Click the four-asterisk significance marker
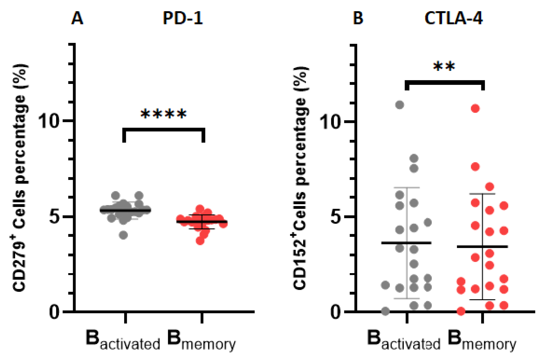(163, 114)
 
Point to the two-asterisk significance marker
(444, 67)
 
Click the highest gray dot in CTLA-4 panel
(400, 105)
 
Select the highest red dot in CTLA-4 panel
(475, 109)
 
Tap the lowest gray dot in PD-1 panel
(124, 235)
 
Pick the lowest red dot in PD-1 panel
(200, 241)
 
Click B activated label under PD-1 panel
(123, 340)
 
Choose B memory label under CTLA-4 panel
(482, 340)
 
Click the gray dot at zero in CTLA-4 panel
(386, 311)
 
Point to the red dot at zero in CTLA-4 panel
(461, 311)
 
